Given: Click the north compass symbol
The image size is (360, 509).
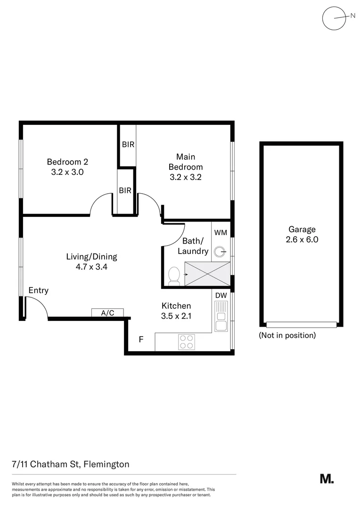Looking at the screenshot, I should click(x=334, y=18).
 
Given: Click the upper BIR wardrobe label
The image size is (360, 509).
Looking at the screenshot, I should click(x=128, y=145).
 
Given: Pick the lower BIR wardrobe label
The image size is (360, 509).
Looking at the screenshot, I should click(x=125, y=191).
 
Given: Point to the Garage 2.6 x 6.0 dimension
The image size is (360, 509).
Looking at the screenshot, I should click(x=302, y=239).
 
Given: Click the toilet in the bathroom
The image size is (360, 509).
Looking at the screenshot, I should click(x=174, y=276).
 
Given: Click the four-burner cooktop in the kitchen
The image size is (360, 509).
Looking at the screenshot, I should click(x=187, y=342).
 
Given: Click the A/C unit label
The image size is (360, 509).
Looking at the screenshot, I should click(x=107, y=312).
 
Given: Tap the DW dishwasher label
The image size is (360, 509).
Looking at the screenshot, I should click(x=221, y=296).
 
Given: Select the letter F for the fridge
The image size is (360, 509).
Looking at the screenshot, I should click(x=140, y=339).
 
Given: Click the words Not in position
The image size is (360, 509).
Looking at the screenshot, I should click(x=287, y=336).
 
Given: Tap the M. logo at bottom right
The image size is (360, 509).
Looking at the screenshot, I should click(x=327, y=479).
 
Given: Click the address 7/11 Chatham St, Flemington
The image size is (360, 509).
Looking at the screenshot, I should click(x=71, y=464).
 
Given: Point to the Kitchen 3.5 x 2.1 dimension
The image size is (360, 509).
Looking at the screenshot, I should click(x=176, y=316).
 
